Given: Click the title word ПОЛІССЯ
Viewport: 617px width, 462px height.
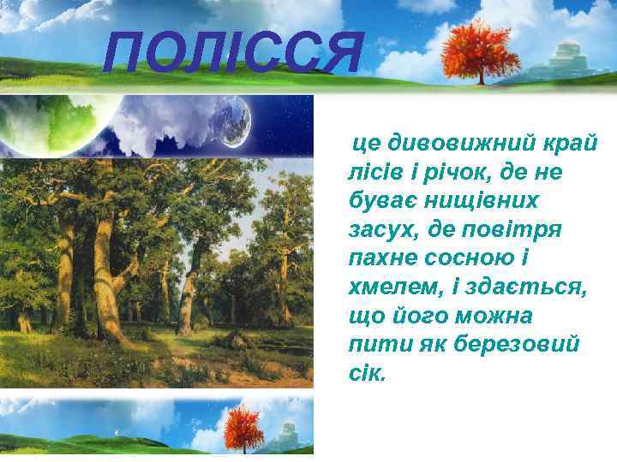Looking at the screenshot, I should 232,53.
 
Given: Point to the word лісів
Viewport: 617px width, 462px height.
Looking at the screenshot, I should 377,171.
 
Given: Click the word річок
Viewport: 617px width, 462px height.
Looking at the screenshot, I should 461,171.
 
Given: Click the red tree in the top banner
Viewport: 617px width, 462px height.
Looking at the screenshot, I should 481,47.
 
